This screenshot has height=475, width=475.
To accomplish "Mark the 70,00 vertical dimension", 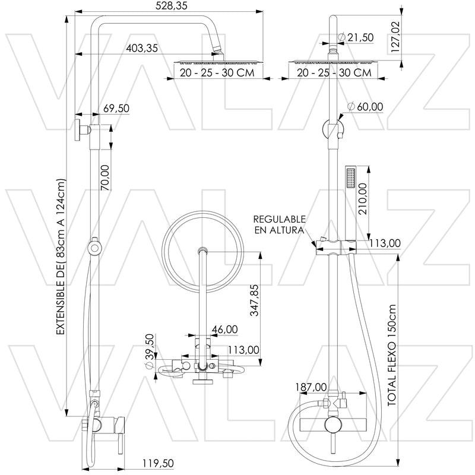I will coord(106,178).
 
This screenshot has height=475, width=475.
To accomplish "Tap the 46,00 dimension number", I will coord(224,329).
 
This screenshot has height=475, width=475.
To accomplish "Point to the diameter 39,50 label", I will coord(150,351).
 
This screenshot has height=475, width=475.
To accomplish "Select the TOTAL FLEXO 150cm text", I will coord(391,356).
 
